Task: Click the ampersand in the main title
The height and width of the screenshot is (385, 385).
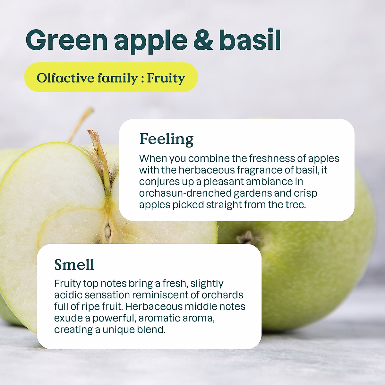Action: tap(203, 40)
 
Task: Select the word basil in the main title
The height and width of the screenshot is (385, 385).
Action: tap(250, 40)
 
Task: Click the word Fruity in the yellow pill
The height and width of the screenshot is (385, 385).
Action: tap(166, 78)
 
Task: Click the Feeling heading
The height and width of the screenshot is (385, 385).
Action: tap(167, 139)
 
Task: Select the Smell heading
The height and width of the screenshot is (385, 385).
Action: tap(74, 265)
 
